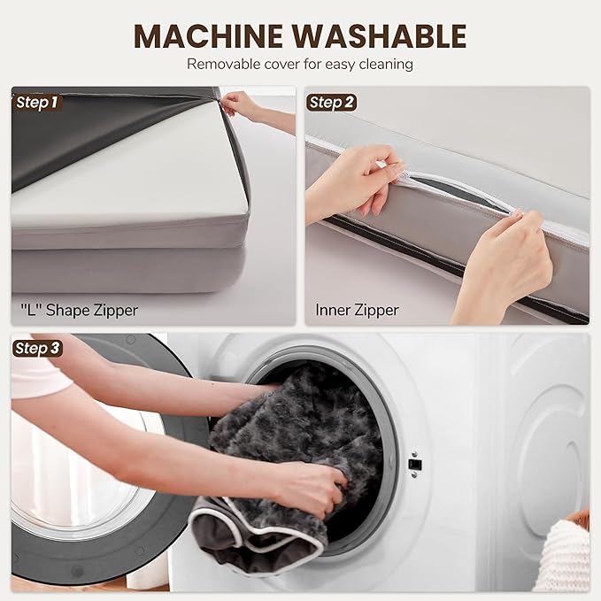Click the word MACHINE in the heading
pos(210,35)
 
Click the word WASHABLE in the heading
pos(381,35)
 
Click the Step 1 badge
pos(37,103)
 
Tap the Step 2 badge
pos(331,103)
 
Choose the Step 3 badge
pos(37,349)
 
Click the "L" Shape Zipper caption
pos(79,310)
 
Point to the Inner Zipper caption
pos(357,310)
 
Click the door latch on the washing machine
pos(415,465)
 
